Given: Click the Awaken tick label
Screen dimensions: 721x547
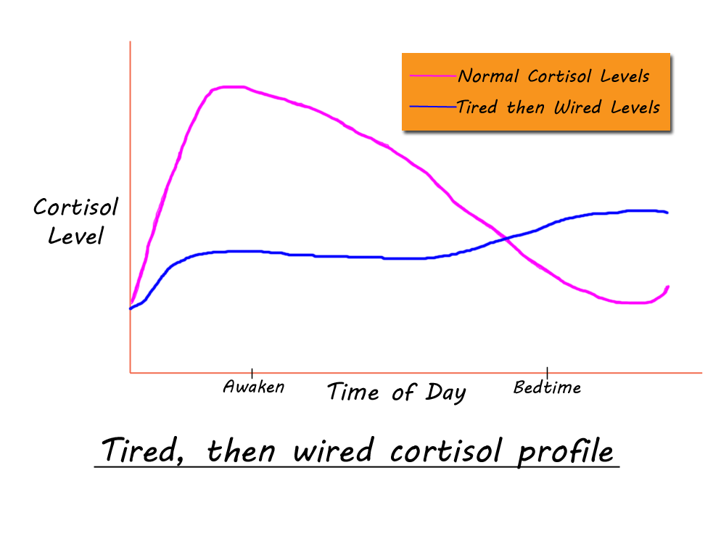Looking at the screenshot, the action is (x=253, y=387).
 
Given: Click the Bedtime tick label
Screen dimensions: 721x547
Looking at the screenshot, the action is (x=547, y=387).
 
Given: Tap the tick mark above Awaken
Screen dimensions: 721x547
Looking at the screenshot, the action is (x=252, y=373).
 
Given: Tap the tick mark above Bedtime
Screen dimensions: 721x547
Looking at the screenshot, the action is (x=547, y=372).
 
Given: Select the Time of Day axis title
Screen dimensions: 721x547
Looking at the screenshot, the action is (x=396, y=392).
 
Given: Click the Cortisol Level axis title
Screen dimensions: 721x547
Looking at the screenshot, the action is (x=76, y=221).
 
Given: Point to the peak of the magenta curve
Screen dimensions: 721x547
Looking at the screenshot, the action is (x=232, y=86).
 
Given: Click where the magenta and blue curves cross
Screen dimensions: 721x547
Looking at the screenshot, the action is (x=506, y=238).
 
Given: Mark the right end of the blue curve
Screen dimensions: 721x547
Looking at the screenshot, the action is (x=667, y=213).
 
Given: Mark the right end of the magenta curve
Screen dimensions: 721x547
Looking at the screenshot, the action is (x=667, y=287).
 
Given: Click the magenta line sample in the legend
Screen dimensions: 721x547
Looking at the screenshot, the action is (x=433, y=76).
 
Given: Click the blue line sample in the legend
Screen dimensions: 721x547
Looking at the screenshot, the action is (x=433, y=107).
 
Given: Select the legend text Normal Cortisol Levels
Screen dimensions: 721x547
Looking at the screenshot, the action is (x=553, y=76).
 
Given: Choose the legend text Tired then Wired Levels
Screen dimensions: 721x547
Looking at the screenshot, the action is (x=559, y=107).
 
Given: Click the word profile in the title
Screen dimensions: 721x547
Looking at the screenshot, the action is (x=565, y=451).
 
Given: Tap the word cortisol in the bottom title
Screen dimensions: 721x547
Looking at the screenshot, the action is (x=445, y=450).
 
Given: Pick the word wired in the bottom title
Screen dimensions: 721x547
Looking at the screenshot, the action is (x=333, y=450).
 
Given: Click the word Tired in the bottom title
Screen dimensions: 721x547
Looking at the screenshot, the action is (x=143, y=450).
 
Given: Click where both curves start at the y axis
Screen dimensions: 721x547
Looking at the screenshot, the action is (x=131, y=308).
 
